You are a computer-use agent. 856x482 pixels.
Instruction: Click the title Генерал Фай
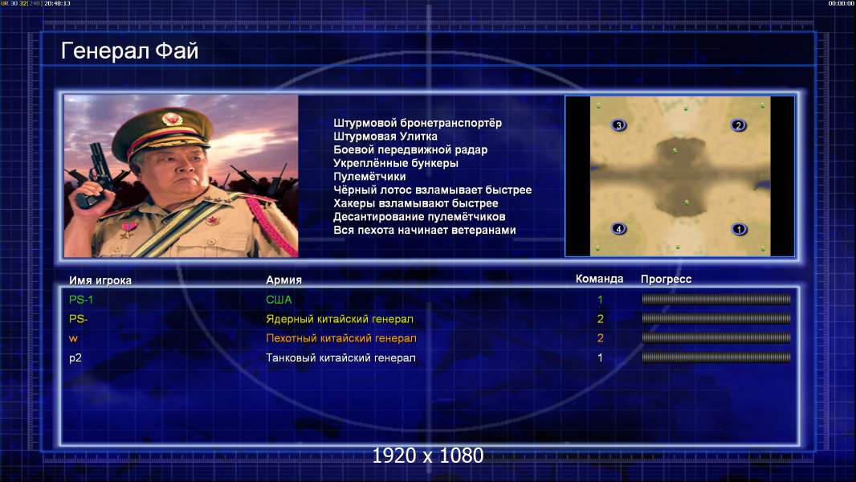129,51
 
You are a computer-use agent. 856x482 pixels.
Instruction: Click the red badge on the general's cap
171,118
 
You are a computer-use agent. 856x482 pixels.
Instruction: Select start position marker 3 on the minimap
618,125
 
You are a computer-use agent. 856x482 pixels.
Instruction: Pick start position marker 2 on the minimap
738,125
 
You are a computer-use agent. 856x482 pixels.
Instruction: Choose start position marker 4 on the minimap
618,229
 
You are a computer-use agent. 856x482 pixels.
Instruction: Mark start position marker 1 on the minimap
740,229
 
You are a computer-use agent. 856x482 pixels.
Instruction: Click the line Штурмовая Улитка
385,137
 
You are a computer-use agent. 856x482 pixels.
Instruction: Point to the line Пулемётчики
369,177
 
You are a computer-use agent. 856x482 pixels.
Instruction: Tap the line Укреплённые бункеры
396,163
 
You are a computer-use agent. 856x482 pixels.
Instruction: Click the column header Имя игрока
100,280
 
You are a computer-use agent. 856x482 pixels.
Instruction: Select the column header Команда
599,279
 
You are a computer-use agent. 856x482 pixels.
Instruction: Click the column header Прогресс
666,280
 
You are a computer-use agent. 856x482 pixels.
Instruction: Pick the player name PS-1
81,300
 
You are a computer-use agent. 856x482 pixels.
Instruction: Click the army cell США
279,300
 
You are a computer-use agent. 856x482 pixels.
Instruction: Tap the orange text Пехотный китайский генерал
341,338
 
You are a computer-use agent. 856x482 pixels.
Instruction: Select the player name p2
75,358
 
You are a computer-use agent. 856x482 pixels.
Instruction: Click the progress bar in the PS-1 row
716,299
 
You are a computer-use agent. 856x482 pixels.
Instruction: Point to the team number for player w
601,338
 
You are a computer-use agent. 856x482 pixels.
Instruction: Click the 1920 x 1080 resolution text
427,455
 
